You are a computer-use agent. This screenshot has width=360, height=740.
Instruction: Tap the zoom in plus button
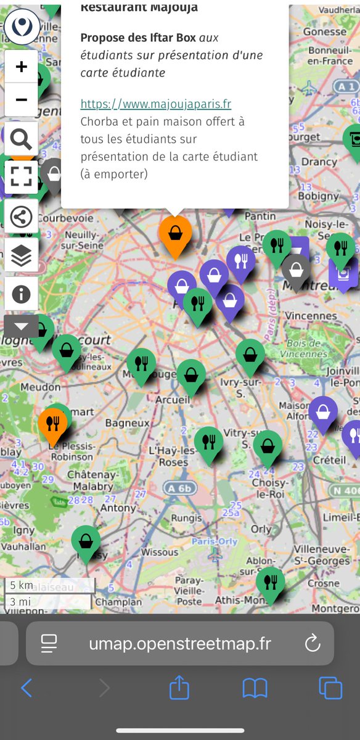pos(21,67)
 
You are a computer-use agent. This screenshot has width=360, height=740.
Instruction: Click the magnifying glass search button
pos(21,139)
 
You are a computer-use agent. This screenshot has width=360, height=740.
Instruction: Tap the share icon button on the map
pos(21,216)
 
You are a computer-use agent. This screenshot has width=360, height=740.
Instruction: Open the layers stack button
pos(21,255)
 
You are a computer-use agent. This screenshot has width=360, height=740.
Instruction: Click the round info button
pos(21,294)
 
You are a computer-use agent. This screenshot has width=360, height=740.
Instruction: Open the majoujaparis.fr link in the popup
pos(156,104)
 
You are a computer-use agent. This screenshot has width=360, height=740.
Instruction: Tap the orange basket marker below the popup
pos(175,233)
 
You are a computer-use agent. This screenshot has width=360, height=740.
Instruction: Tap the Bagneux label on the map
pos(128,424)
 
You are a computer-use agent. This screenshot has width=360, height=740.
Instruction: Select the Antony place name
pos(117,508)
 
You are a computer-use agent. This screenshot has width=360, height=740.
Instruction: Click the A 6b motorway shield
pos(178,488)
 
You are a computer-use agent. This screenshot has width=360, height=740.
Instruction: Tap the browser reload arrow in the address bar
pos(313,644)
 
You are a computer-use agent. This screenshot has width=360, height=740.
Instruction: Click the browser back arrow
pos(27,688)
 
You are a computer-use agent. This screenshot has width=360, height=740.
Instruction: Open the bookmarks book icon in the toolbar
pos(255,688)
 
